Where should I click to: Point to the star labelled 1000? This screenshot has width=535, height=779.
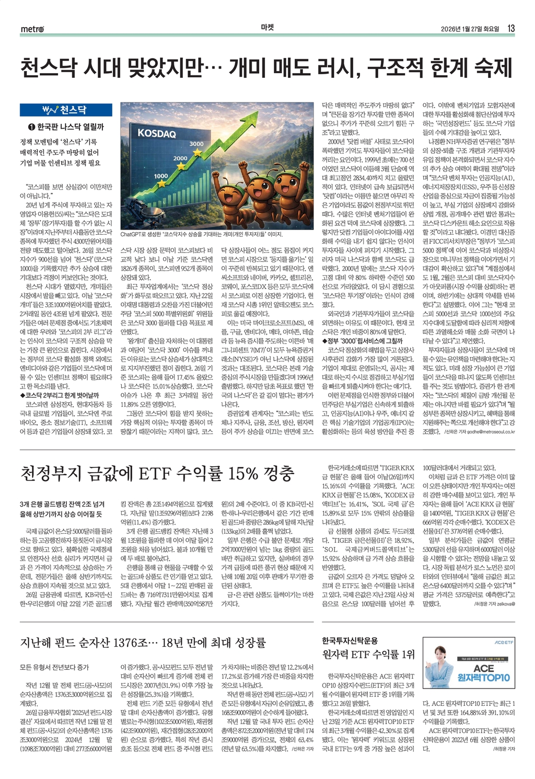click(161, 184)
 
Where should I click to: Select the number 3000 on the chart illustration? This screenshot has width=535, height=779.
click(196, 143)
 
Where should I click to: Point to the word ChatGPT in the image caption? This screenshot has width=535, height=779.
click(131, 235)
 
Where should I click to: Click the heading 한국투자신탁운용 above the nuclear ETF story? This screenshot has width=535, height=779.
click(350, 640)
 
